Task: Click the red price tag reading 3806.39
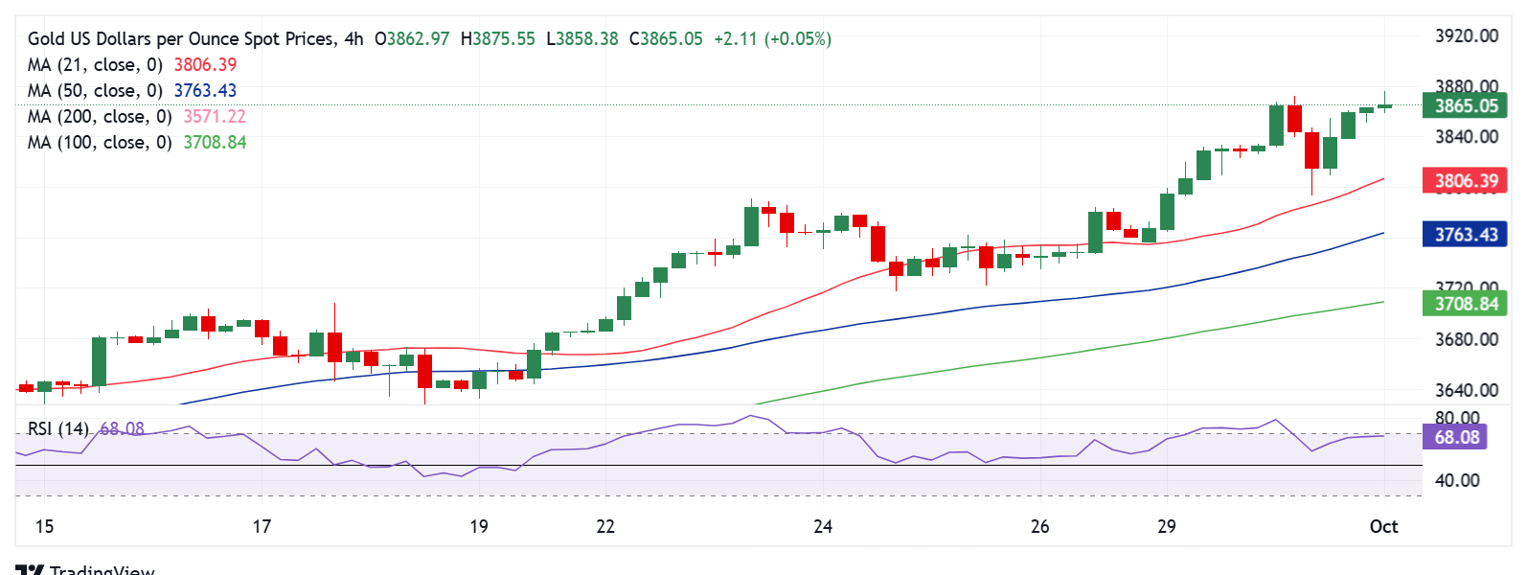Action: [1465, 180]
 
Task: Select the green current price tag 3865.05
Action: [1465, 105]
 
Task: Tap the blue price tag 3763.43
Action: [1465, 235]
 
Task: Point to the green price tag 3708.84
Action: [1465, 304]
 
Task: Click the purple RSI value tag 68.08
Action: [1456, 437]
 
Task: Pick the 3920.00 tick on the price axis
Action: [1466, 36]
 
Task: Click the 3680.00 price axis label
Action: [1466, 339]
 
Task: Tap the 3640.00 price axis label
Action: [1466, 390]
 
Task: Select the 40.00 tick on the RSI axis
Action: [1457, 480]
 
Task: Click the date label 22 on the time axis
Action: [605, 526]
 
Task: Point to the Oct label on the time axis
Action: [1383, 526]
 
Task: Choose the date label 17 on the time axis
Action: [262, 526]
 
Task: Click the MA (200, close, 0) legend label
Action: [100, 116]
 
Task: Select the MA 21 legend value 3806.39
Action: [205, 64]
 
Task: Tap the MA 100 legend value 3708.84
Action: [215, 142]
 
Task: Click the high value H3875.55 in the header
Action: [497, 38]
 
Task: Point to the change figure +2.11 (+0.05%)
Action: [772, 38]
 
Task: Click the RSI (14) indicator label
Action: [57, 428]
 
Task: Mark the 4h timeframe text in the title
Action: [353, 38]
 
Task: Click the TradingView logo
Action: [86, 569]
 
